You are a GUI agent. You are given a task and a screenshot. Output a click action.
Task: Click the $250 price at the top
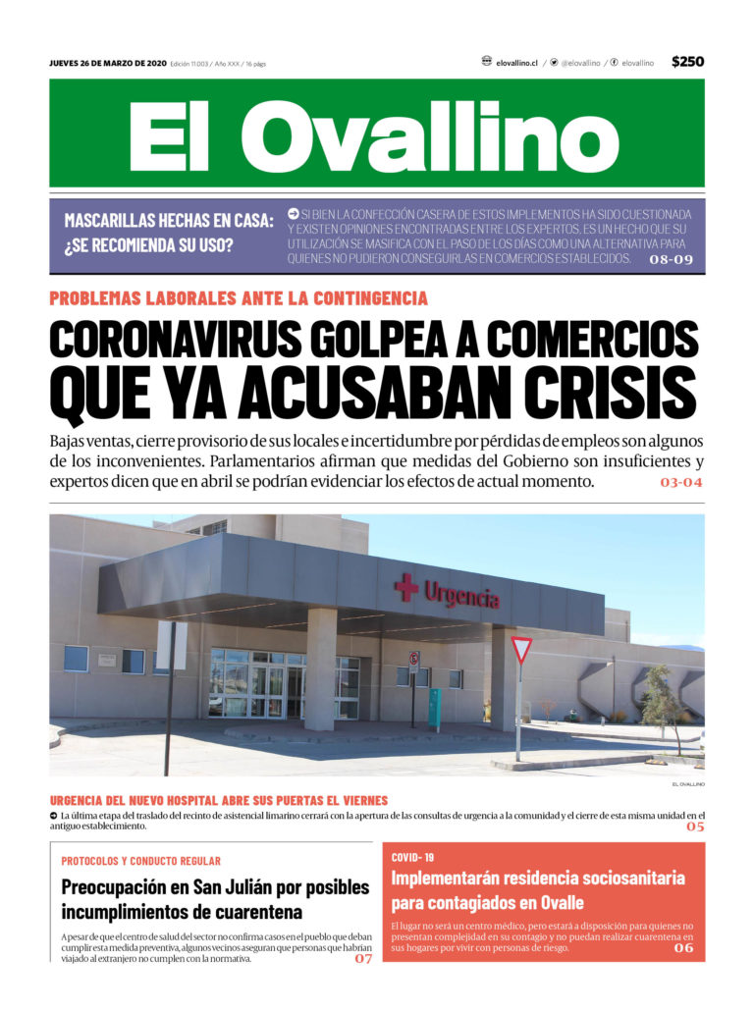[687, 62]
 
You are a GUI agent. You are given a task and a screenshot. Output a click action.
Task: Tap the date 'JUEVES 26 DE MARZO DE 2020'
[108, 63]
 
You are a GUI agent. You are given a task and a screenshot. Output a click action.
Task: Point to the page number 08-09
[672, 260]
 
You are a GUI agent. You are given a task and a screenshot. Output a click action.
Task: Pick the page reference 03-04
[681, 483]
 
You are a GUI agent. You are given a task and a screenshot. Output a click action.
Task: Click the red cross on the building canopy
[405, 587]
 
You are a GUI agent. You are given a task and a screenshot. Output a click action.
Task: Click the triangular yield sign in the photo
[521, 649]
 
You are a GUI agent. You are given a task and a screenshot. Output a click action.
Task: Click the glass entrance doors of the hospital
[251, 684]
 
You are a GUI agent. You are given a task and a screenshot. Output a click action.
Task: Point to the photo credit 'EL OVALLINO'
[688, 784]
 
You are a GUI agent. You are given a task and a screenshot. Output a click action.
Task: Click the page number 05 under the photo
[695, 827]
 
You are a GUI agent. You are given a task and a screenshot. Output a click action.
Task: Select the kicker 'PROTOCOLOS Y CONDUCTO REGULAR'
[140, 861]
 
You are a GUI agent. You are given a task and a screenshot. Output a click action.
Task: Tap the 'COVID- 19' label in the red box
[412, 857]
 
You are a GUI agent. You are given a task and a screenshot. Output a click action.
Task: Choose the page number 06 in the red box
[683, 948]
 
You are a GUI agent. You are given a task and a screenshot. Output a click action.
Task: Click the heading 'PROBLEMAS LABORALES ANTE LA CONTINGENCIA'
[239, 298]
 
